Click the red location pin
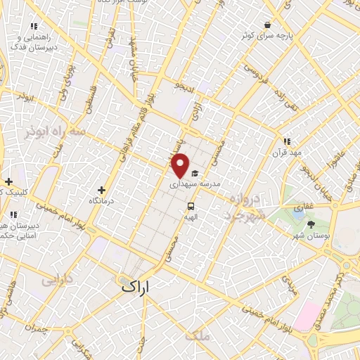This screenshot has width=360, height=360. point(181,165)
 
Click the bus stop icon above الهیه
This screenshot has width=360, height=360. point(191,206)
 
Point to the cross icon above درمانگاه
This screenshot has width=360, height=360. point(102,190)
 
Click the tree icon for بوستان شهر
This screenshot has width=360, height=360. point(311,224)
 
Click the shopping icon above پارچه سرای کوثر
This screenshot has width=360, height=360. point(268,24)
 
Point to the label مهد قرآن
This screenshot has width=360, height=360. point(288,152)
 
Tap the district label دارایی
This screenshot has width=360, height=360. point(58,280)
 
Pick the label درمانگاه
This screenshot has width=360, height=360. point(102,201)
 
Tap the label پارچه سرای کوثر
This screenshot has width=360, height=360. point(268,35)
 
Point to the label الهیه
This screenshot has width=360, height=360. point(191,218)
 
